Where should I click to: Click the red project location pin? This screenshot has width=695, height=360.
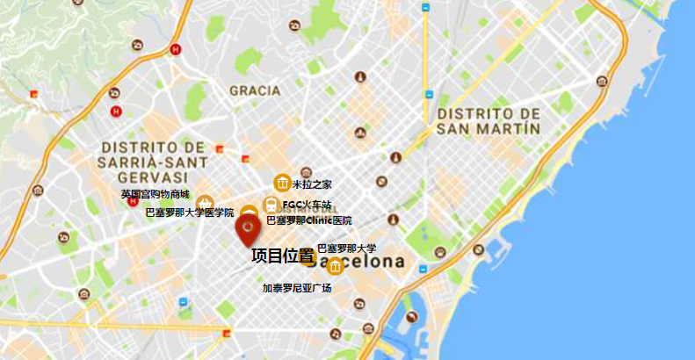coord(247,231)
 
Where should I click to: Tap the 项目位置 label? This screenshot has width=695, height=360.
coord(282,256)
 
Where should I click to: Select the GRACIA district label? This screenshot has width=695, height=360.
coord(255,90)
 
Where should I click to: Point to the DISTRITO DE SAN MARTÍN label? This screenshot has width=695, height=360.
coord(489,121)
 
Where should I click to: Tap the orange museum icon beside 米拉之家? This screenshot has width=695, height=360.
coord(283,183)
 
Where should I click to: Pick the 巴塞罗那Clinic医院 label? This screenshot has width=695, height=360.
coord(308,220)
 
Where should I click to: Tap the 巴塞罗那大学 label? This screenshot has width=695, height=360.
coord(346,248)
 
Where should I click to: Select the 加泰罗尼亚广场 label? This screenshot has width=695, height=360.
coord(297,287)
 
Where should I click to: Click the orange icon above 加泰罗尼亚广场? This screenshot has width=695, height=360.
coord(335,266)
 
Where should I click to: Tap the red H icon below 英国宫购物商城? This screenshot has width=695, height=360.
coord(134,202)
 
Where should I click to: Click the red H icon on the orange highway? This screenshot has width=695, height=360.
coord(176,50)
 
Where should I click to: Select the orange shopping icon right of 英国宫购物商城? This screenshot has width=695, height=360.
coord(205,203)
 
